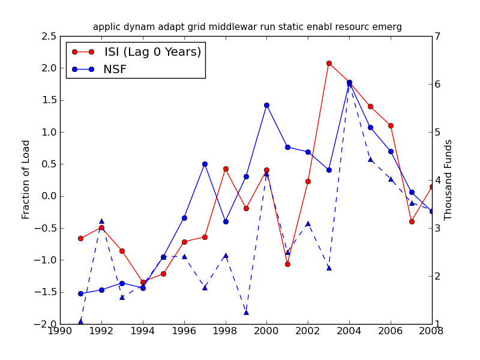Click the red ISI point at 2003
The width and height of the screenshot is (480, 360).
click(x=329, y=63)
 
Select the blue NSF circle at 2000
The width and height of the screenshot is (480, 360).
click(x=266, y=105)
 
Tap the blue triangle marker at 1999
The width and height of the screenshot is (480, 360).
click(x=246, y=312)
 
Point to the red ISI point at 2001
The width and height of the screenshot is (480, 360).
click(x=287, y=264)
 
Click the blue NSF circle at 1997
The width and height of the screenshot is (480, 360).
click(x=205, y=164)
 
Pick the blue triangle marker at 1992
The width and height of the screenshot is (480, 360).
click(x=101, y=221)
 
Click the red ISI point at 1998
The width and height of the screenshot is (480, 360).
click(x=226, y=169)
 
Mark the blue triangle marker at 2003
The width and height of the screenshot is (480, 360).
click(x=329, y=268)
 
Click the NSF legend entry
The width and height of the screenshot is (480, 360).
click(x=115, y=70)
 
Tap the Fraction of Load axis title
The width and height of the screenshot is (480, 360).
click(x=26, y=179)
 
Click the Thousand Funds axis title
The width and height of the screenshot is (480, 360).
click(x=448, y=179)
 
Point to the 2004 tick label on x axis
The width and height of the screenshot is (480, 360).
click(x=349, y=331)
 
